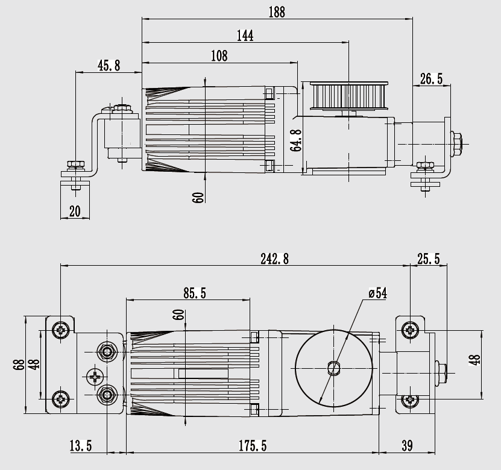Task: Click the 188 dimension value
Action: [277, 11]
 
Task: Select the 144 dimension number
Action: [245, 36]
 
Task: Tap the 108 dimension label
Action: [219, 56]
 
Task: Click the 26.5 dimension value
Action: [431, 79]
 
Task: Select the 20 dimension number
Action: [75, 210]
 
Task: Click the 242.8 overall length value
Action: [274, 258]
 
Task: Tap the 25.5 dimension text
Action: [428, 258]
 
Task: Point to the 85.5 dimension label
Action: [195, 293]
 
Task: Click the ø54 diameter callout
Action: [377, 293]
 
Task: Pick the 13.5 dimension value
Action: [80, 446]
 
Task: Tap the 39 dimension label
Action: [407, 446]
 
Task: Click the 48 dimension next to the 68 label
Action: [34, 364]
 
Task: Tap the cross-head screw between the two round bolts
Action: [95, 377]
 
